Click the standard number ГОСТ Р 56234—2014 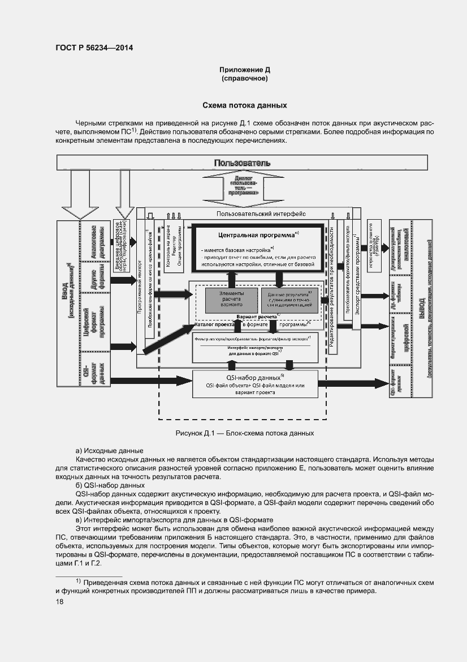click(94, 48)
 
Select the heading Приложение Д click(245, 70)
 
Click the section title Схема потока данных click(245, 105)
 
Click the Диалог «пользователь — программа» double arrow click(244, 186)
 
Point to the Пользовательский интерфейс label click(261, 214)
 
